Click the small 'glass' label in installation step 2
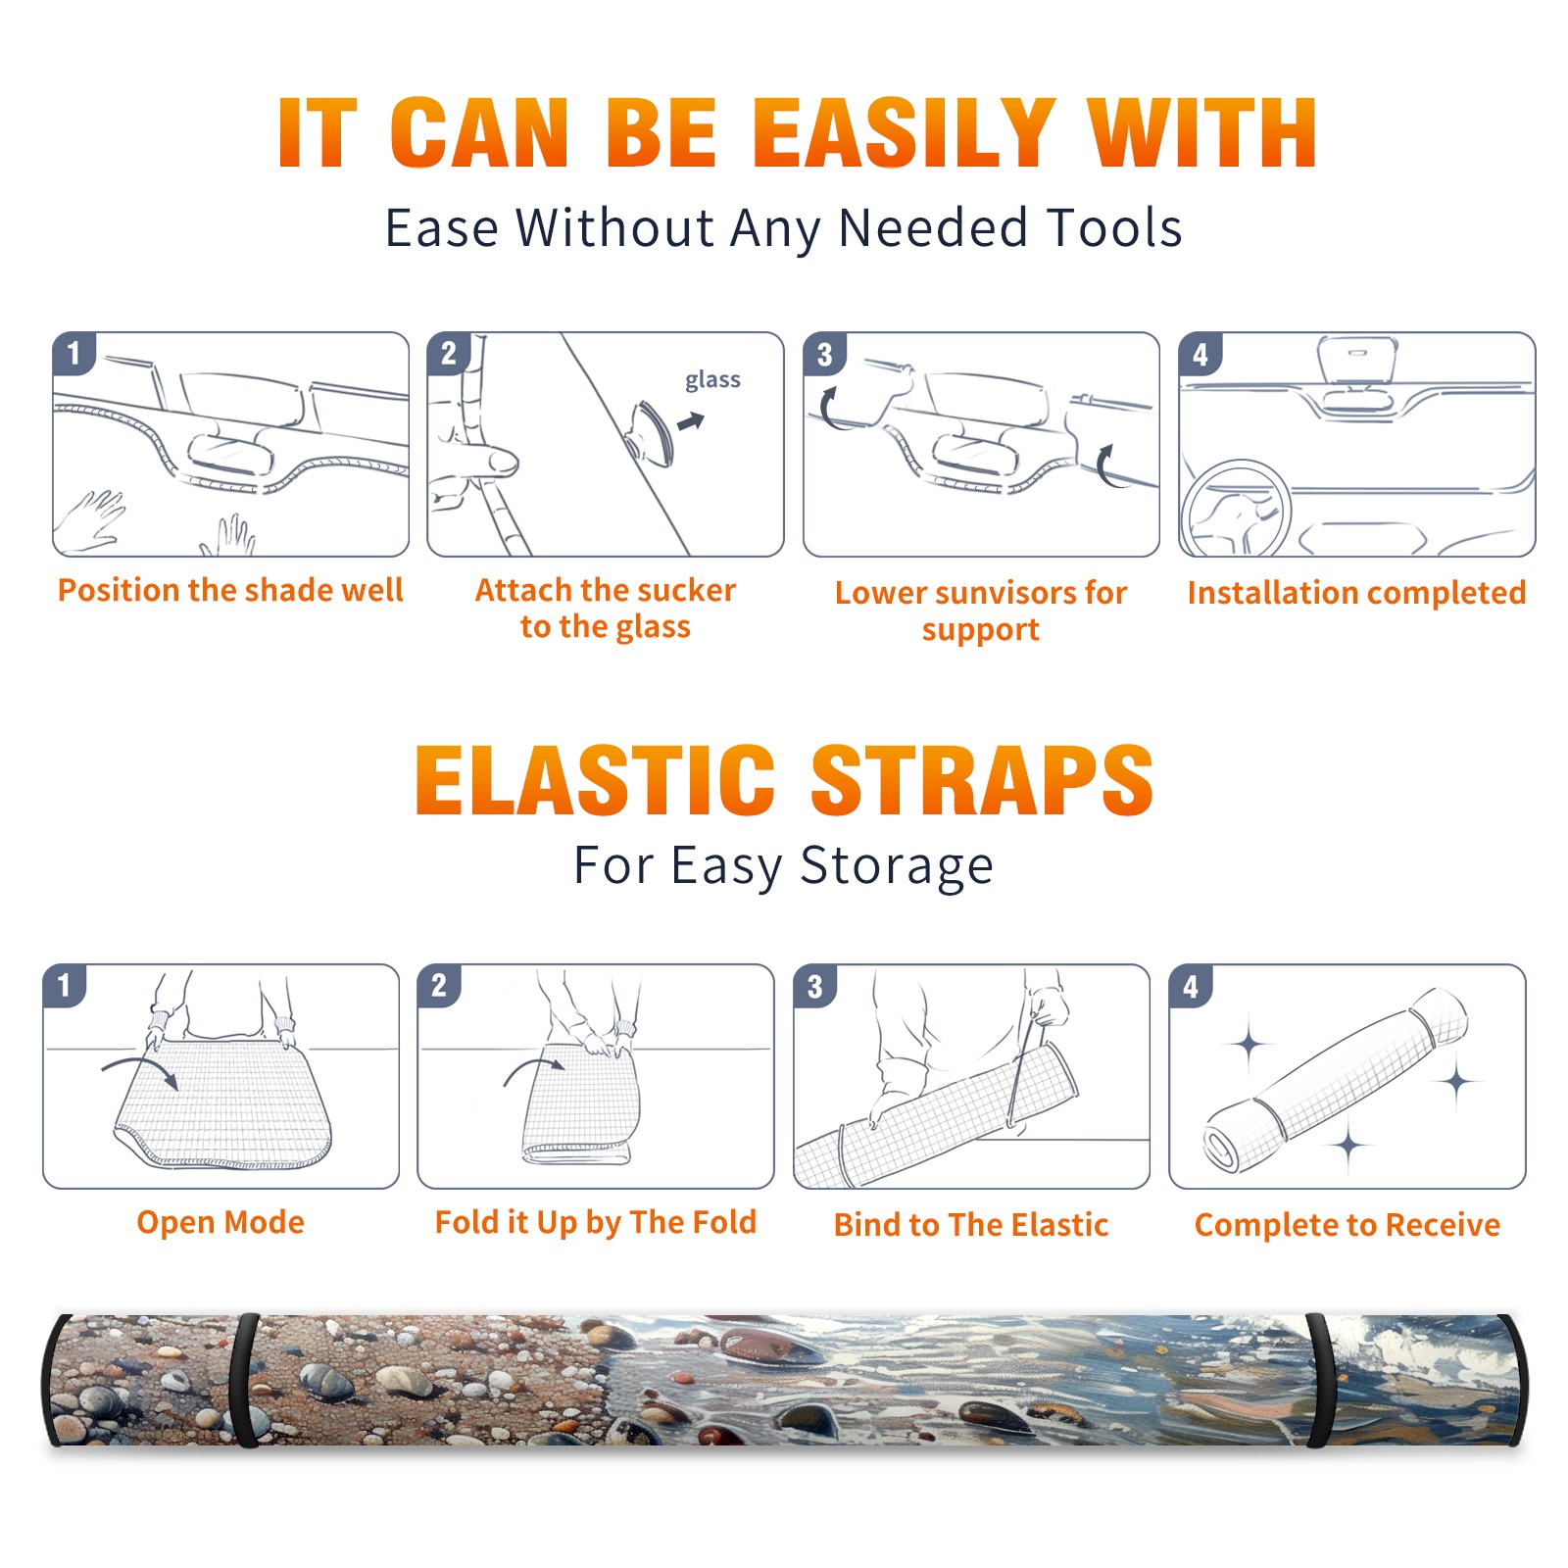tap(712, 380)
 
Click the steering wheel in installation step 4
tap(1236, 509)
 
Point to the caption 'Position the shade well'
tap(230, 590)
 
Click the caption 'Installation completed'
tap(1356, 593)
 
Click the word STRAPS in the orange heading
tap(982, 780)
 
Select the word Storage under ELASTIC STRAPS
tap(897, 866)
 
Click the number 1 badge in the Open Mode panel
tap(65, 985)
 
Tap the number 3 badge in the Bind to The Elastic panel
tap(815, 986)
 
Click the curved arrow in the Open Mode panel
tap(140, 1069)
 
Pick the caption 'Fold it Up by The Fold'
tap(596, 1222)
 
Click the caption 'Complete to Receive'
tap(1347, 1225)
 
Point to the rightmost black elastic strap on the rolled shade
tap(1320, 1380)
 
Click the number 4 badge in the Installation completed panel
tap(1200, 354)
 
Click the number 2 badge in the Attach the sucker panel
tap(449, 353)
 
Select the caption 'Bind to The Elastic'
tap(971, 1225)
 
